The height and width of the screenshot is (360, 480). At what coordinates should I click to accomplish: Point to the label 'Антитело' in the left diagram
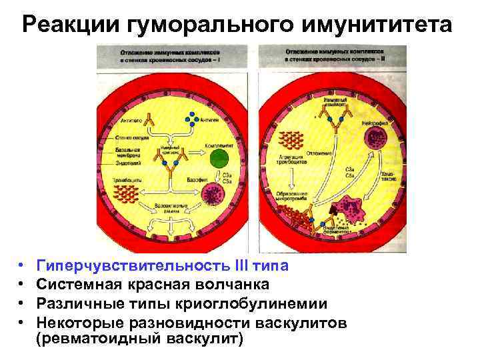(x=131, y=121)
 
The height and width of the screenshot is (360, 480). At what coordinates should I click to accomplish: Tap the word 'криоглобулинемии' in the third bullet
(x=259, y=304)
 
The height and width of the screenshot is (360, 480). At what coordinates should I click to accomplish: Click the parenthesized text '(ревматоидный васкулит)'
(x=140, y=339)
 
